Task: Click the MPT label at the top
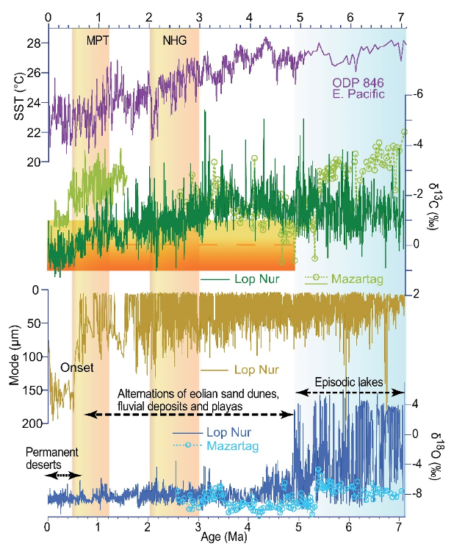pyautogui.click(x=97, y=42)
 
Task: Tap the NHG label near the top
pyautogui.click(x=175, y=42)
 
